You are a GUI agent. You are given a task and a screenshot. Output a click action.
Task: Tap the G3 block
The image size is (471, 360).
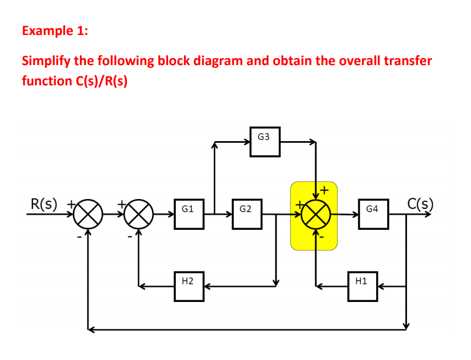265,142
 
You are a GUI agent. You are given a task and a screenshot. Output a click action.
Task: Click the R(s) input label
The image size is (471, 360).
43,204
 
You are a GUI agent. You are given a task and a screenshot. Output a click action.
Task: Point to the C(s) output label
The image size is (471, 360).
420,203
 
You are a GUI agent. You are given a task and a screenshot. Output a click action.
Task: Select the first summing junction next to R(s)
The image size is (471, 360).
87,214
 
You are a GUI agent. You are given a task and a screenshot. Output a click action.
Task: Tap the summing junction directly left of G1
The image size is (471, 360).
138,214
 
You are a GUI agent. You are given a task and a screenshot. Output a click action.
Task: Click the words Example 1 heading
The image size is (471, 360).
54,30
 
